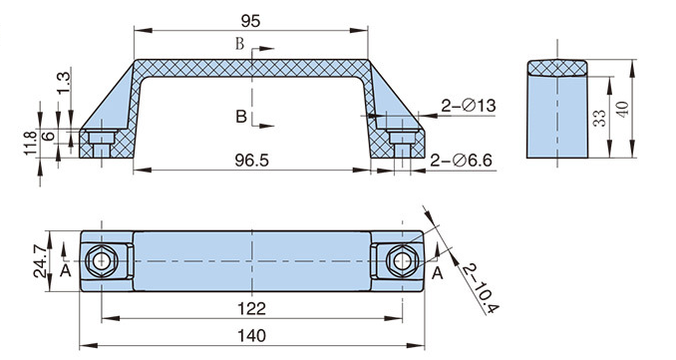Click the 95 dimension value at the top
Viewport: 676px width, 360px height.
[250, 21]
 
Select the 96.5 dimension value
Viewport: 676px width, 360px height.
[252, 161]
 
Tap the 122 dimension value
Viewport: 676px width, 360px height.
[252, 309]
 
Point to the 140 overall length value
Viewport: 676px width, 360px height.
[252, 335]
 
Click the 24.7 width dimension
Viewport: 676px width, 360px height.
[42, 261]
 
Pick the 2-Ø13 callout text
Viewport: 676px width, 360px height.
[469, 106]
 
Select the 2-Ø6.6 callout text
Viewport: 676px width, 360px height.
[461, 161]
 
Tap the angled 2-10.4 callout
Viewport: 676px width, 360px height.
[481, 288]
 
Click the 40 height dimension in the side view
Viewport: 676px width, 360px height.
[622, 109]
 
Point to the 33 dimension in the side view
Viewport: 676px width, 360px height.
[599, 118]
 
